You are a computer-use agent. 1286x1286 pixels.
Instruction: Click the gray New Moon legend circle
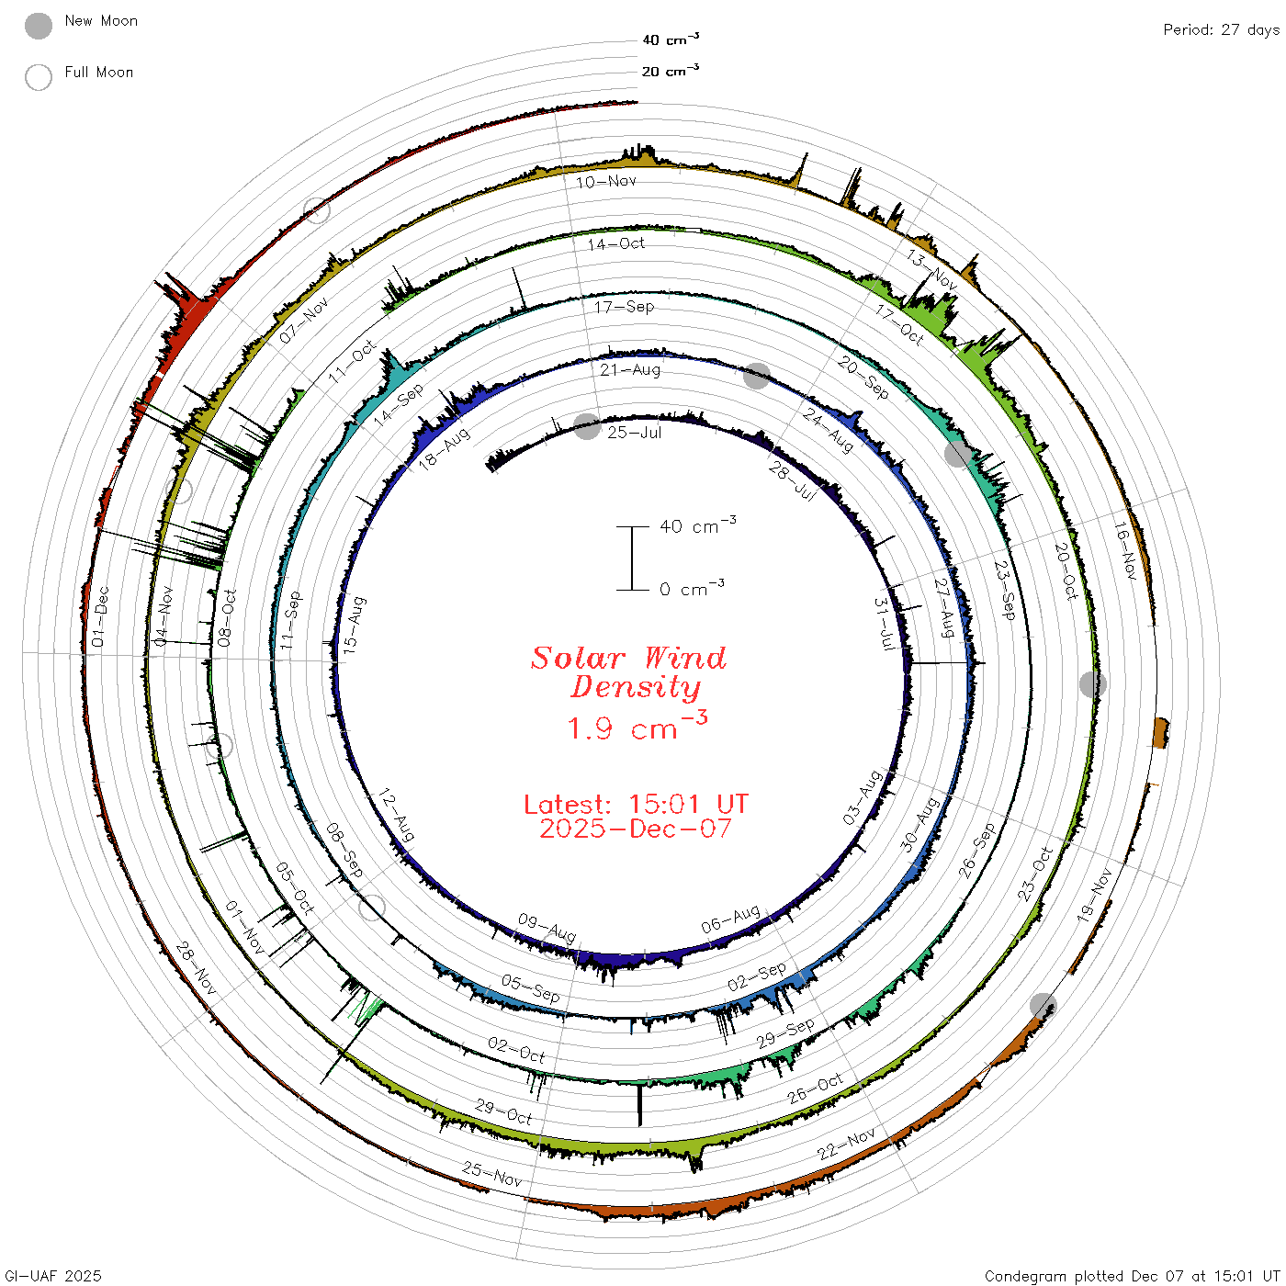(x=38, y=26)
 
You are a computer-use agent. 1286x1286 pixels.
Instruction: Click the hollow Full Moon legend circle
(x=38, y=77)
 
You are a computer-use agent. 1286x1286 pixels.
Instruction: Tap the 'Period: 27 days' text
(x=1221, y=30)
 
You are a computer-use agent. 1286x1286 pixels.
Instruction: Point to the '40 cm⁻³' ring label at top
(x=671, y=39)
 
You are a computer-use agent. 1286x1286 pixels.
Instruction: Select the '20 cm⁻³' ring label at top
(x=671, y=71)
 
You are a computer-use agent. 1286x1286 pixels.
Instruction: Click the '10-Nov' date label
(x=606, y=182)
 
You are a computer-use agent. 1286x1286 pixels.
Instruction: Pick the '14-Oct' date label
(x=616, y=244)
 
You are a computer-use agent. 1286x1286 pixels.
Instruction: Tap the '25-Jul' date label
(x=634, y=433)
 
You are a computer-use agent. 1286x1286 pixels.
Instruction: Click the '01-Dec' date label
(x=99, y=616)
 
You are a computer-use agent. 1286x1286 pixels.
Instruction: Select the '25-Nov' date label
(x=491, y=1174)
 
